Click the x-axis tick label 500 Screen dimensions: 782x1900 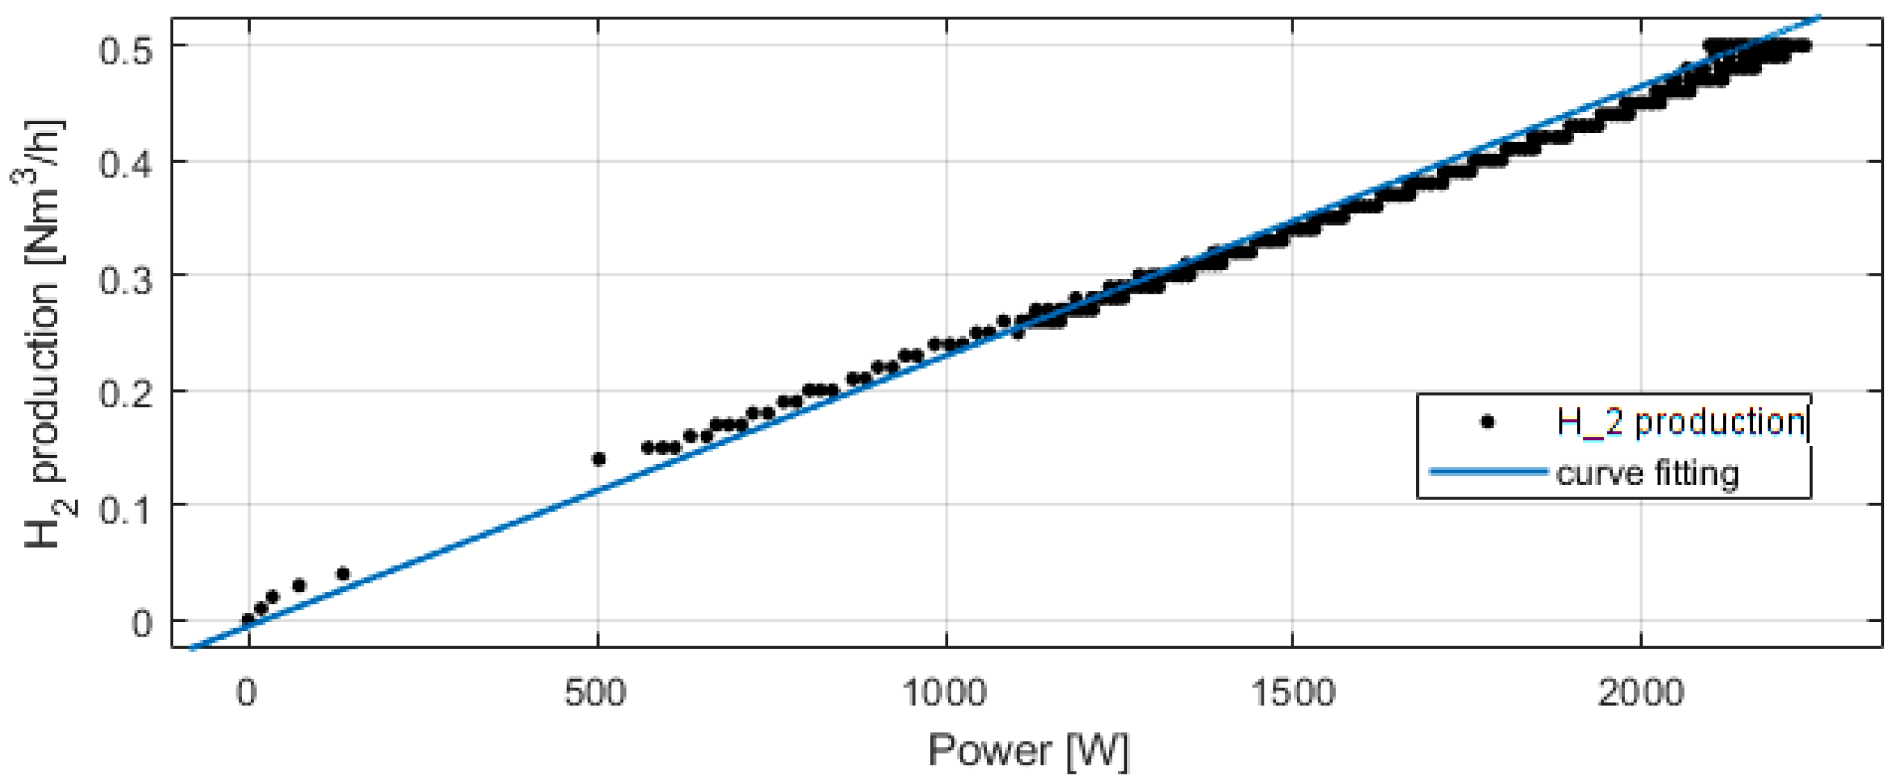click(x=596, y=693)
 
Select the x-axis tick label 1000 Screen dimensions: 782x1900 click(x=945, y=693)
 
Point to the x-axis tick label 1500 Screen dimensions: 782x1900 click(x=1293, y=693)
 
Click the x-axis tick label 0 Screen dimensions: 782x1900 click(x=248, y=693)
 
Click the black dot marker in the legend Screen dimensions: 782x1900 click(x=1488, y=423)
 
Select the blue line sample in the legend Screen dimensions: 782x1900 click(x=1488, y=472)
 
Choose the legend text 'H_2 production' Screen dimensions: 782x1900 click(x=1680, y=423)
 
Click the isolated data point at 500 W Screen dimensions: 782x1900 click(x=599, y=459)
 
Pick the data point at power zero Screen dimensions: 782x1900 click(x=248, y=620)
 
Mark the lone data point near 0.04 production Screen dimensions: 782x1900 click(x=343, y=574)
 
